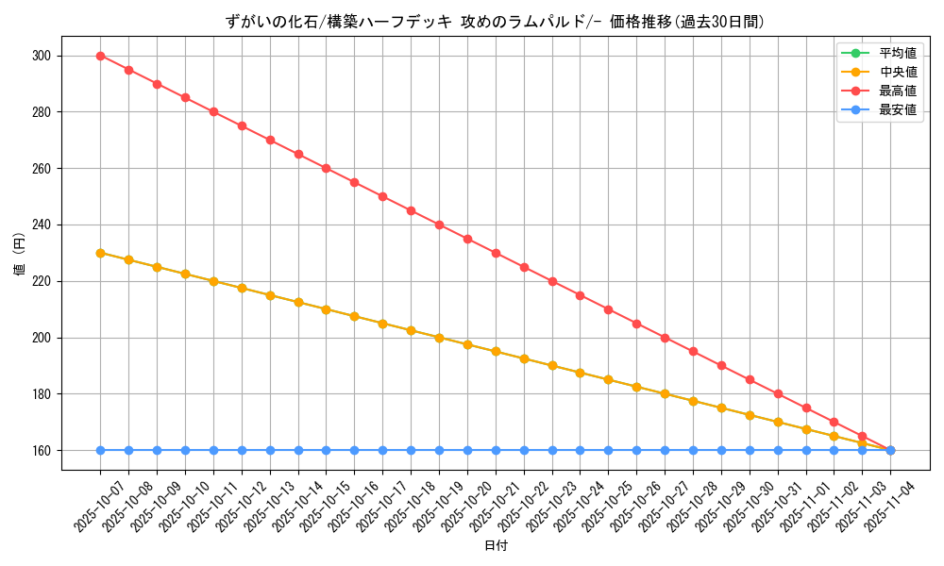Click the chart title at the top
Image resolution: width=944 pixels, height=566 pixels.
(496, 22)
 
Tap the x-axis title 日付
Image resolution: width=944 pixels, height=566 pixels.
(496, 546)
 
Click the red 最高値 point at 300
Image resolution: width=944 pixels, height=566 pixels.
(100, 56)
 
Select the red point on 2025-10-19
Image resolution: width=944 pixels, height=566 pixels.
(439, 225)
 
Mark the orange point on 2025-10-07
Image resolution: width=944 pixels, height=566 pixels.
(100, 253)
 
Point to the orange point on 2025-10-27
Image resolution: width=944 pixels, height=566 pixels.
(665, 394)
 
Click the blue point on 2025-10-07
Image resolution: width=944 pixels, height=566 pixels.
(100, 450)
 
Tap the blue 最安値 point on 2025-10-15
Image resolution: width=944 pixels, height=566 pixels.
(326, 450)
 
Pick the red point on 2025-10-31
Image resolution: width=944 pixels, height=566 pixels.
(778, 394)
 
